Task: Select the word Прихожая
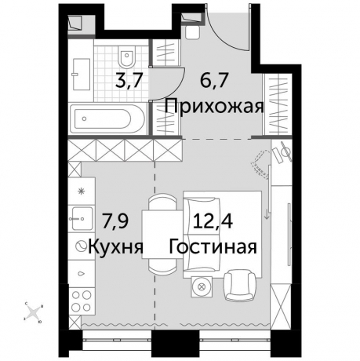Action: pyautogui.click(x=212, y=106)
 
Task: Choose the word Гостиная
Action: pyautogui.click(x=213, y=247)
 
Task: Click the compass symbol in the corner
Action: pyautogui.click(x=33, y=312)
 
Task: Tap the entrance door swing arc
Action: pyautogui.click(x=232, y=39)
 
